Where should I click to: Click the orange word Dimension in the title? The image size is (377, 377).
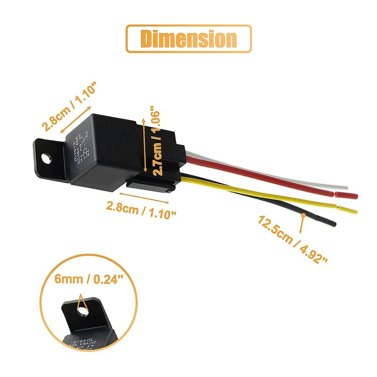[x=188, y=39]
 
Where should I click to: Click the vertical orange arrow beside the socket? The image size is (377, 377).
[x=144, y=141]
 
